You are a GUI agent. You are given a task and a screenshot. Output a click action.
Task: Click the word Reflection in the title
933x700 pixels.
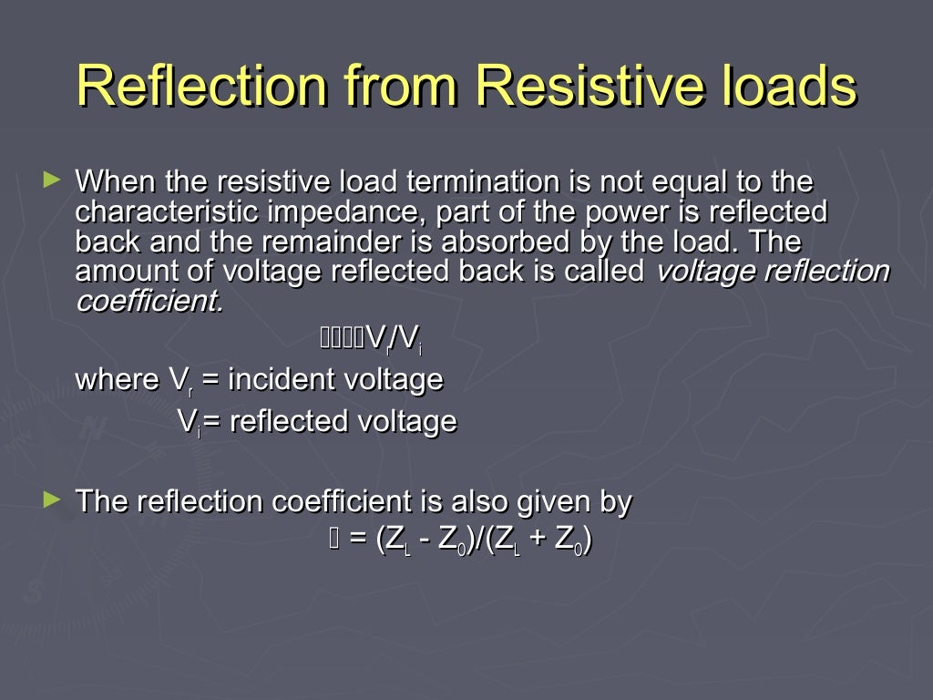click(x=201, y=87)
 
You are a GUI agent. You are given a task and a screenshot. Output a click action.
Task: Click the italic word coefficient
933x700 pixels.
click(x=149, y=302)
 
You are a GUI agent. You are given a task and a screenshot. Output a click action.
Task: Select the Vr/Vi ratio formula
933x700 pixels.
click(x=393, y=340)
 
